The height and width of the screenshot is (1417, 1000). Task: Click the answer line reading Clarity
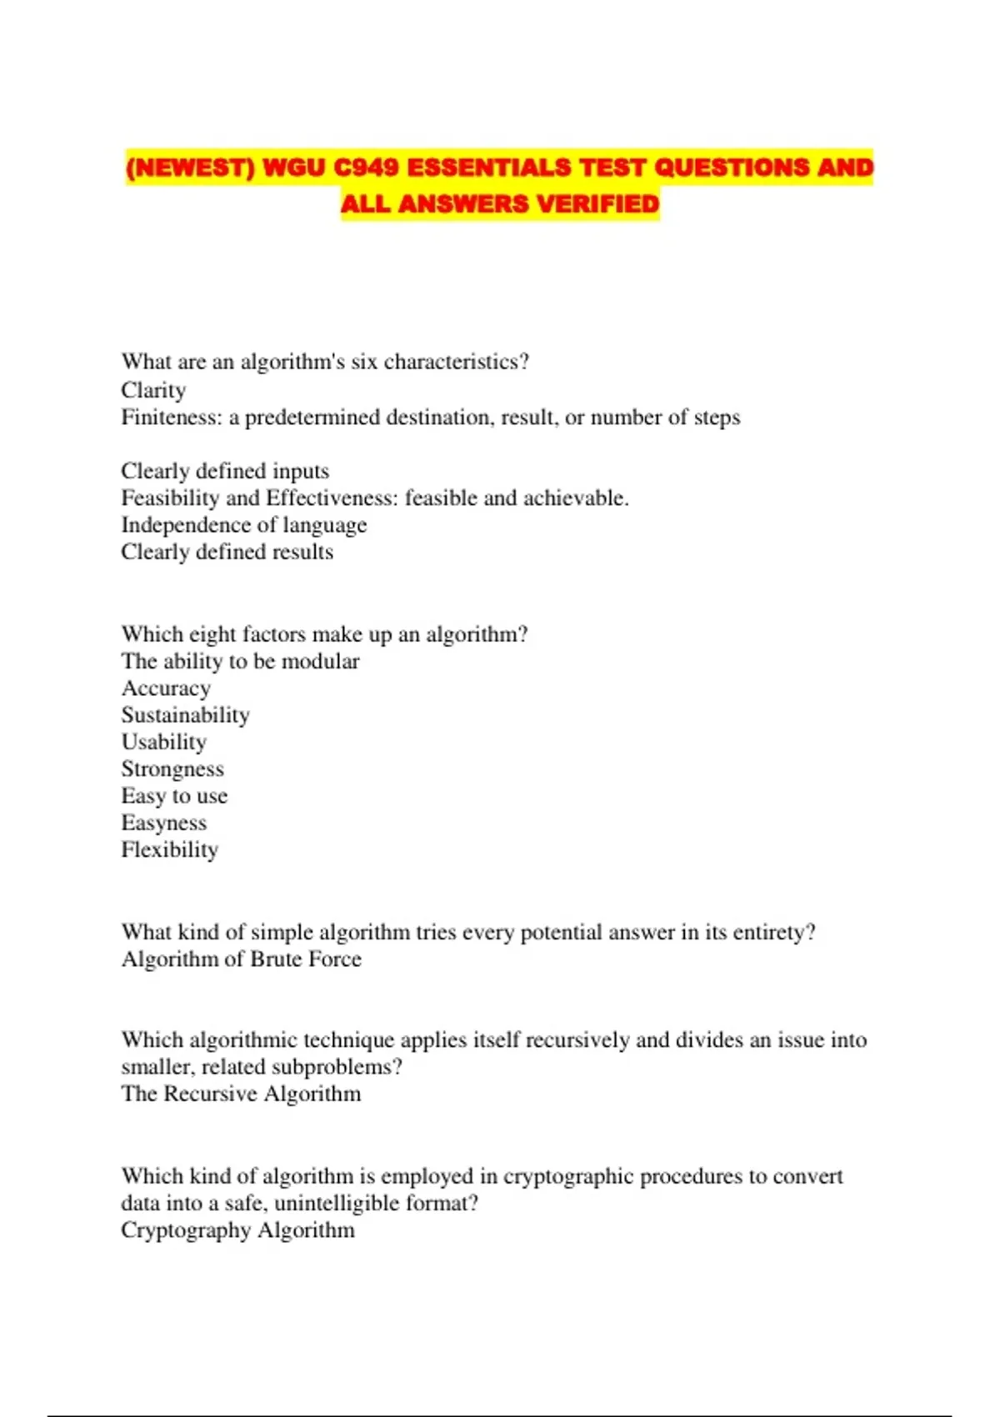click(x=153, y=390)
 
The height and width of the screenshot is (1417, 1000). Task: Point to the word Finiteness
click(x=171, y=417)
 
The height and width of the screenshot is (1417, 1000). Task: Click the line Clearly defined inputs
click(x=225, y=471)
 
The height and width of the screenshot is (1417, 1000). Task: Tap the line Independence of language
click(x=243, y=525)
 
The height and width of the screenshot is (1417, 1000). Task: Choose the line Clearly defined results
click(x=227, y=552)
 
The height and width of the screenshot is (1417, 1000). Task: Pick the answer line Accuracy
click(x=166, y=688)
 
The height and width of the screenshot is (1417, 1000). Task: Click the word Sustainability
click(x=185, y=715)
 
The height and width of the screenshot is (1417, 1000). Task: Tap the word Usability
click(x=163, y=742)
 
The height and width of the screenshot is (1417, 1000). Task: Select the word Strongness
click(x=172, y=769)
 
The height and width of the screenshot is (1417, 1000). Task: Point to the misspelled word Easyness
click(x=163, y=823)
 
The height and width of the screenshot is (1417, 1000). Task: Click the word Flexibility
click(x=169, y=849)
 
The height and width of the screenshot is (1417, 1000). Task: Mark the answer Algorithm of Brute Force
click(x=241, y=959)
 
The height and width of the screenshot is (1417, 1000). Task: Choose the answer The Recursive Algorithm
click(x=241, y=1094)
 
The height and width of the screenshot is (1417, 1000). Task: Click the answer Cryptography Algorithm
click(x=237, y=1230)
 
